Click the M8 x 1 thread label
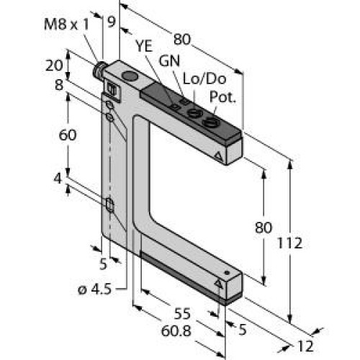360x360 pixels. coord(66,24)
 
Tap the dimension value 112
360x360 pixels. coord(289,243)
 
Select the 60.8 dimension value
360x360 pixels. coord(176,331)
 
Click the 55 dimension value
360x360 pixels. coord(182,314)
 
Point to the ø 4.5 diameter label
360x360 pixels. coord(95,289)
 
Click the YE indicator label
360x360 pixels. coord(144,46)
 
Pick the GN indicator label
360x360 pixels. coord(169,61)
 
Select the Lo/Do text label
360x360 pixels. coord(204,78)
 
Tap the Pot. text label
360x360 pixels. coord(222,97)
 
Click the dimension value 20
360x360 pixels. coord(54,66)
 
